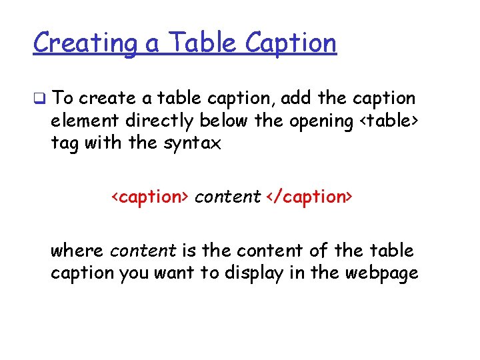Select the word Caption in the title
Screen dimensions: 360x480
click(291, 43)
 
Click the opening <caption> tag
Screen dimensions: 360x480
click(151, 197)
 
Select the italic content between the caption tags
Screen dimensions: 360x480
click(227, 197)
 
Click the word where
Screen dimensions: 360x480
click(77, 251)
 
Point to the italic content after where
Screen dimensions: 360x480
click(143, 251)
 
